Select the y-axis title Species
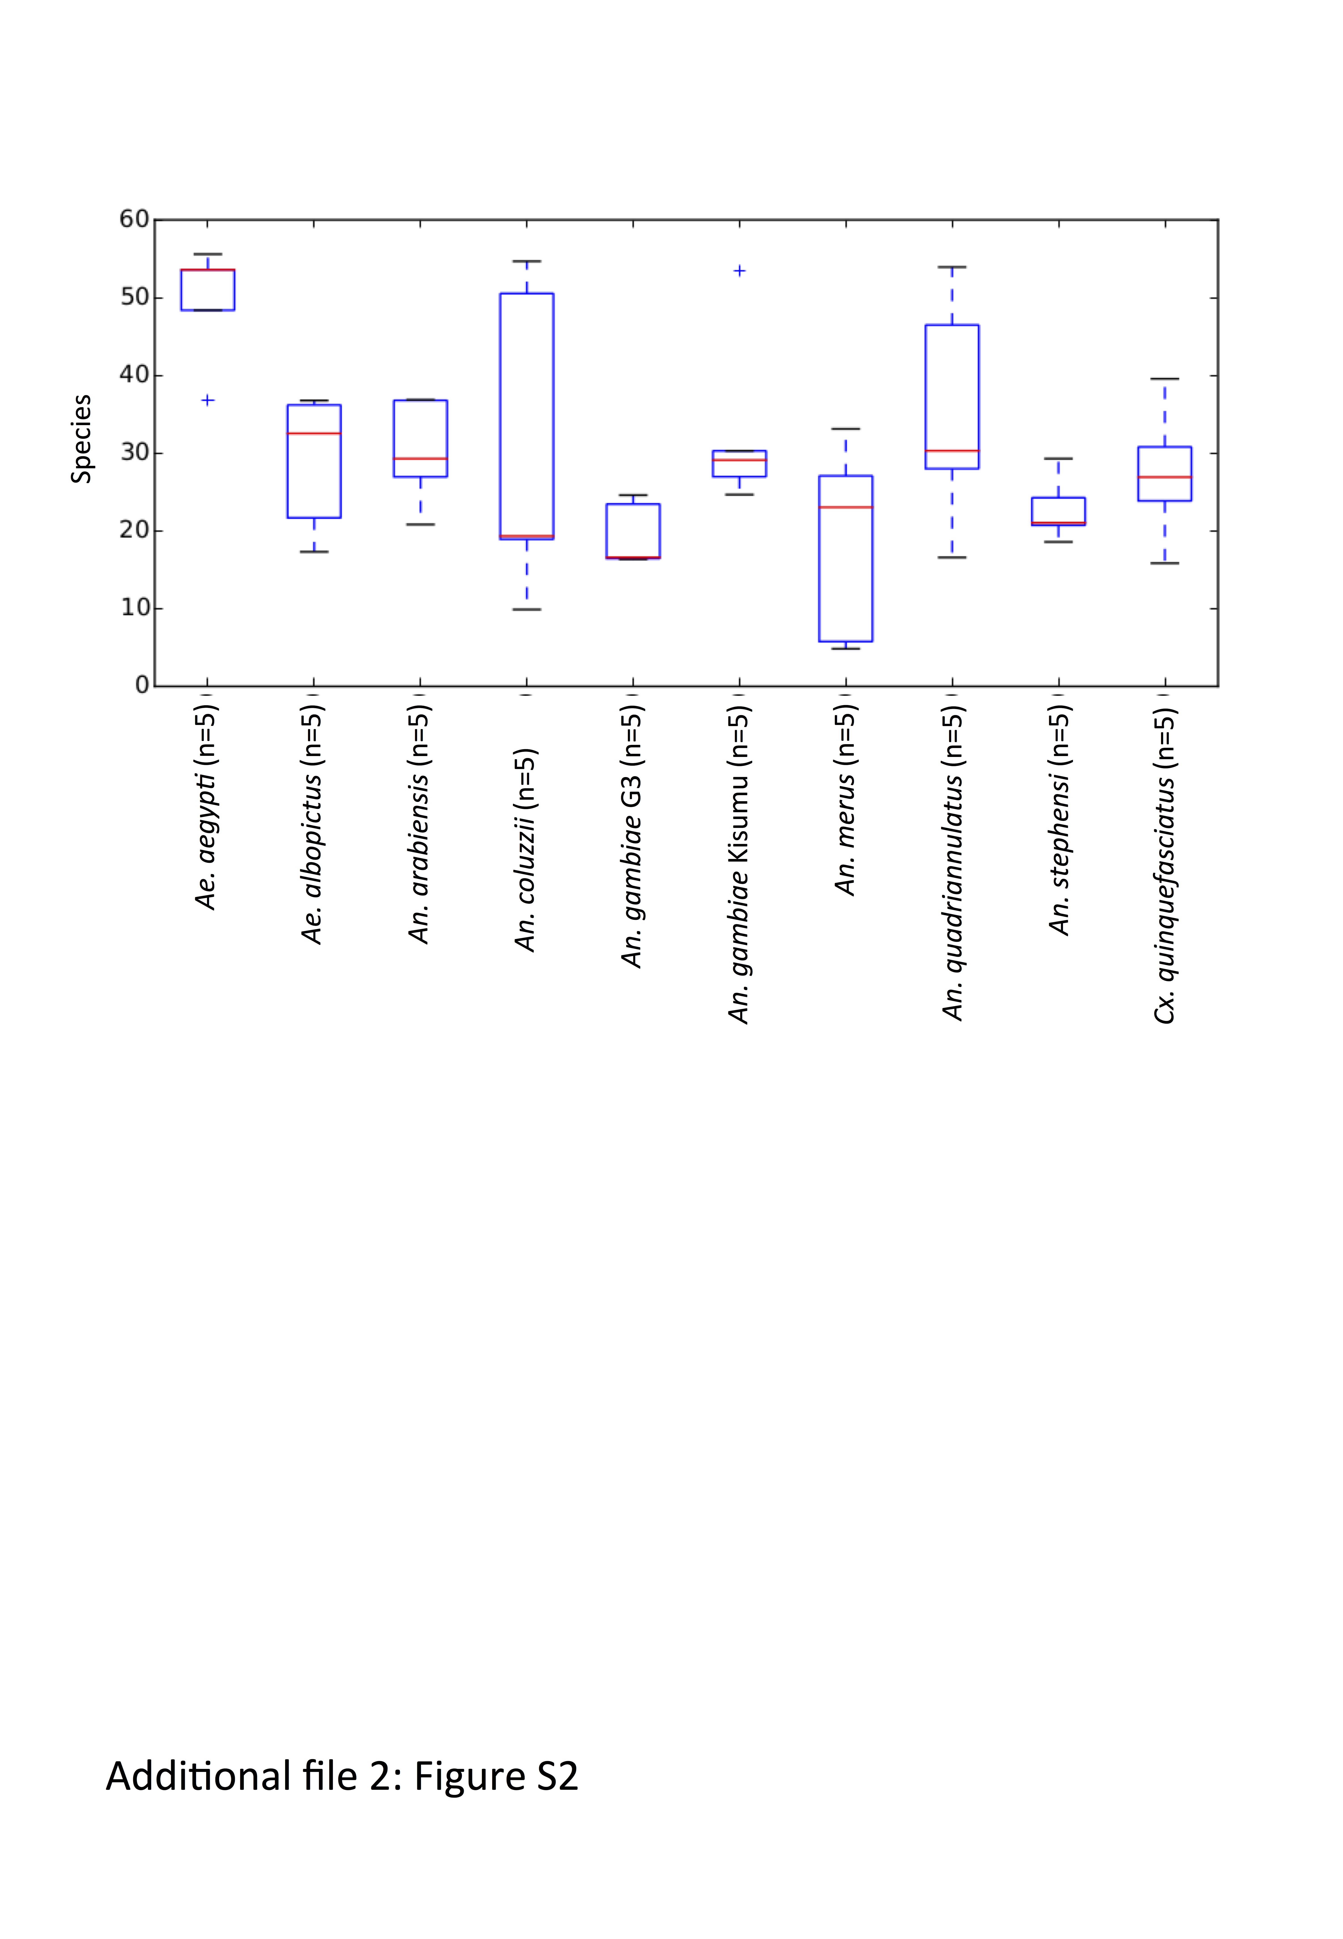point(81,439)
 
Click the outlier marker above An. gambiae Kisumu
point(740,271)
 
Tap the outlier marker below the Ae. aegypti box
point(208,401)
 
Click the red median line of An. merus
point(846,507)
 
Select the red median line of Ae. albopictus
point(314,433)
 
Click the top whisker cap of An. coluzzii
point(527,262)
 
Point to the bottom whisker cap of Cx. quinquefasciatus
point(1165,563)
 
